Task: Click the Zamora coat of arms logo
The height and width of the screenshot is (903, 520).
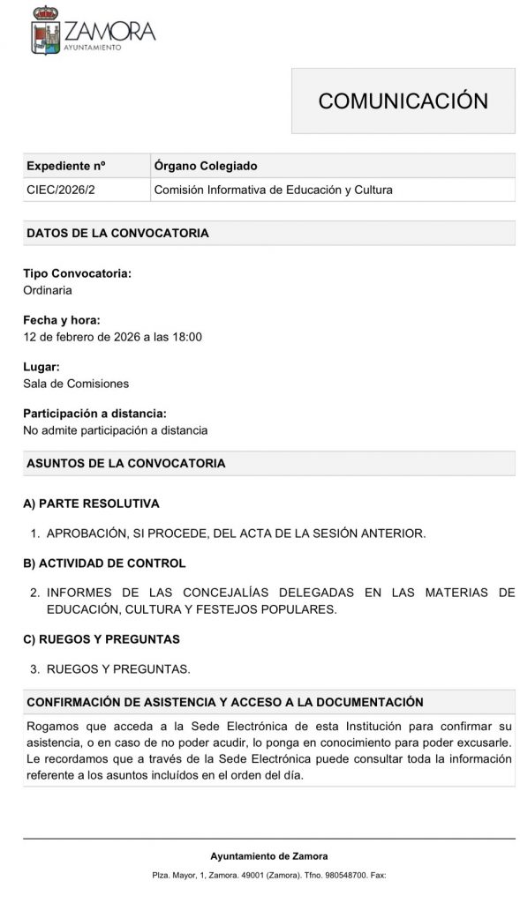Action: [46, 33]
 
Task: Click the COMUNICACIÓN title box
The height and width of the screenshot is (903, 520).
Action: [403, 101]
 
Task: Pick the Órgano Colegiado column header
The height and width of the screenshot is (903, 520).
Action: [206, 166]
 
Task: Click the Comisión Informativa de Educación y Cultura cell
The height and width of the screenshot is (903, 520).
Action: [273, 190]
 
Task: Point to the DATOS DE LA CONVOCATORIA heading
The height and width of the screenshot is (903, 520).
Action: [117, 234]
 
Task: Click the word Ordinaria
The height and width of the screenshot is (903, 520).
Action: [48, 289]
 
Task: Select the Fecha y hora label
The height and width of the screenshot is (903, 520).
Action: [62, 320]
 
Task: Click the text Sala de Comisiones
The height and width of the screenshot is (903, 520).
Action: [76, 384]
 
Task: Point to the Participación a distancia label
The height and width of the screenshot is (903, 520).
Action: [94, 414]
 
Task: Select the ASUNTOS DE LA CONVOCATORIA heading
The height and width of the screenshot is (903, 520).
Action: [126, 463]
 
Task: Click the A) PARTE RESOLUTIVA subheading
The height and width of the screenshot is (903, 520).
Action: [91, 504]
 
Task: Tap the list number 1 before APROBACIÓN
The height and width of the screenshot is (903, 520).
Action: [34, 534]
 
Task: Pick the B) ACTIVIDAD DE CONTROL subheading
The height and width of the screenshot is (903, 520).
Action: [104, 563]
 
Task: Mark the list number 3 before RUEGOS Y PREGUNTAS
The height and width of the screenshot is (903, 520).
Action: [34, 668]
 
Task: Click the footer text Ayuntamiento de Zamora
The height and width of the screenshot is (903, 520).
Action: [268, 856]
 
